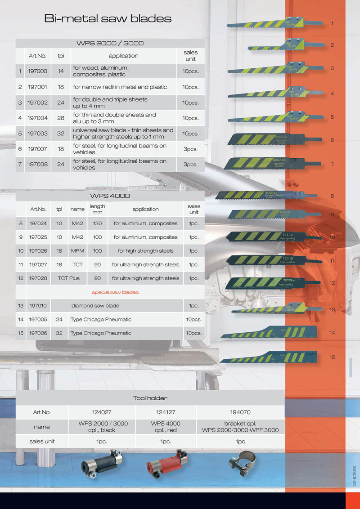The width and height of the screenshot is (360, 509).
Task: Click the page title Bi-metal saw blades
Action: (108, 18)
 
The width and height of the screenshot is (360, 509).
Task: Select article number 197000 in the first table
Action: (37, 71)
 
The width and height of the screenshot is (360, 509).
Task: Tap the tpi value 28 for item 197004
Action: (61, 118)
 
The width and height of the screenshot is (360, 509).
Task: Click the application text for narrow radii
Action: (120, 87)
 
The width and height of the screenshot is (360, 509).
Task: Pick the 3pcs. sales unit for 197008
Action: (190, 164)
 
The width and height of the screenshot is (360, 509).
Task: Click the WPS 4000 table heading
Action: (110, 196)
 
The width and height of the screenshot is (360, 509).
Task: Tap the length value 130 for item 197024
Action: (97, 223)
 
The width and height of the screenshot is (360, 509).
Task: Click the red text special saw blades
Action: (115, 292)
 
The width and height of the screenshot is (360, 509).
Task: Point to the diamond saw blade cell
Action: (95, 306)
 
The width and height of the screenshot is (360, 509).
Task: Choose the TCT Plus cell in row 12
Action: (68, 278)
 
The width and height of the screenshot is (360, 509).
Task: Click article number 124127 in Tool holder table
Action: (166, 412)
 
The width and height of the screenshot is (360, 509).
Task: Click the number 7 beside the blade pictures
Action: (333, 165)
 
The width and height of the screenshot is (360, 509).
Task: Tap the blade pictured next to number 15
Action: (268, 357)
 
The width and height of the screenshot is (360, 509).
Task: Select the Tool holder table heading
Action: (150, 398)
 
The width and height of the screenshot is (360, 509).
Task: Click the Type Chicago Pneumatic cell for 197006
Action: (101, 333)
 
